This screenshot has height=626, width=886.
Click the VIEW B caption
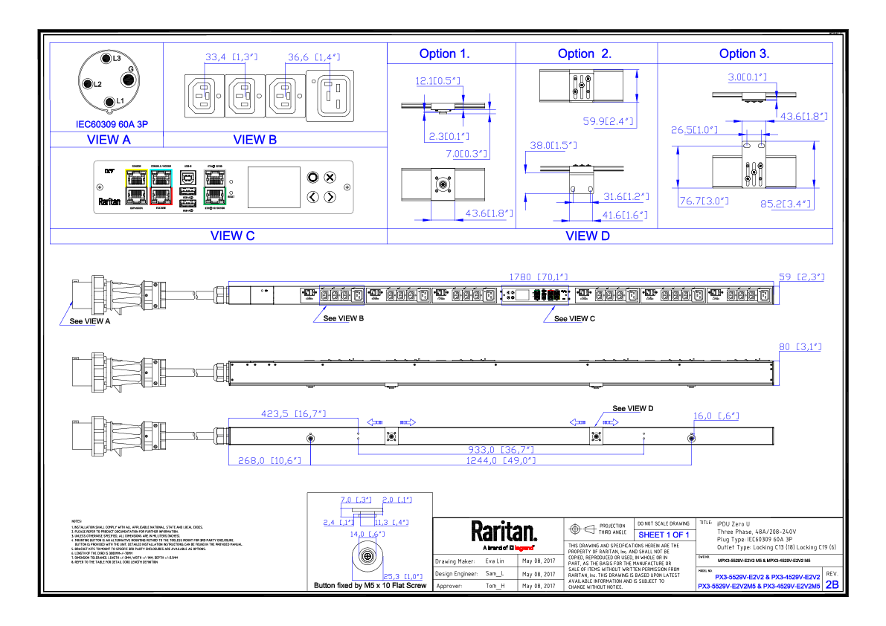[254, 140]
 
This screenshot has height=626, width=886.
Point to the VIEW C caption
[232, 236]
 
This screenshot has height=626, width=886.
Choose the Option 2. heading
[585, 54]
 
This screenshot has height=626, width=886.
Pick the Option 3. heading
[744, 54]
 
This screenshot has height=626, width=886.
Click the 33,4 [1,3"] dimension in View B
[231, 57]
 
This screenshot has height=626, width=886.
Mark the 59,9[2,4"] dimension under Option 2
[607, 120]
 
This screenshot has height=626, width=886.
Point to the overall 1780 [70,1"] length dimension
[533, 277]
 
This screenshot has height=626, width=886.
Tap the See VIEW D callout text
[632, 408]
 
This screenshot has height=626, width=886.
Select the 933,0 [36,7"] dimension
[512, 450]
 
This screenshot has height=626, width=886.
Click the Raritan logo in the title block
[504, 532]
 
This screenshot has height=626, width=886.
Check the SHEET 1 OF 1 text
[663, 535]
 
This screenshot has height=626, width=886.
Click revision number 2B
[832, 584]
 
